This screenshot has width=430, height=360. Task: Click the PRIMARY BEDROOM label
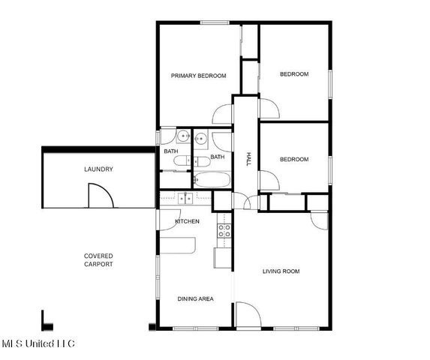[x=198, y=76]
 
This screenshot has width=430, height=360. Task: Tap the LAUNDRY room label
[x=98, y=169]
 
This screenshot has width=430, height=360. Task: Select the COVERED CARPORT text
[x=98, y=260]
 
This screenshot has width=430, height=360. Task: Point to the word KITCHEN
[x=187, y=222]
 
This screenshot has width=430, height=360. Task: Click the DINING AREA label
[x=195, y=299]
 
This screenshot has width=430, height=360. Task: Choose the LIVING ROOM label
[x=281, y=271]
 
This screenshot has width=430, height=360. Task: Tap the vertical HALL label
[x=248, y=159]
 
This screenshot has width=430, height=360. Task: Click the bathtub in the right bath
[x=212, y=180]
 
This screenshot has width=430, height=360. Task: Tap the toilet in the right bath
[x=201, y=160]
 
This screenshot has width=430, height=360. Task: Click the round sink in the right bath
[x=201, y=139]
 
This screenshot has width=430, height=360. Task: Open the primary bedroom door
[x=223, y=114]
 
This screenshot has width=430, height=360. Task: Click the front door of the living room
[x=246, y=314]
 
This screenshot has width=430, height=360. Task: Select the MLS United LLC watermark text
[x=38, y=344]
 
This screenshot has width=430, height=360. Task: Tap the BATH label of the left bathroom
[x=171, y=152]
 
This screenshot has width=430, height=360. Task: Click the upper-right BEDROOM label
[x=294, y=74]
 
